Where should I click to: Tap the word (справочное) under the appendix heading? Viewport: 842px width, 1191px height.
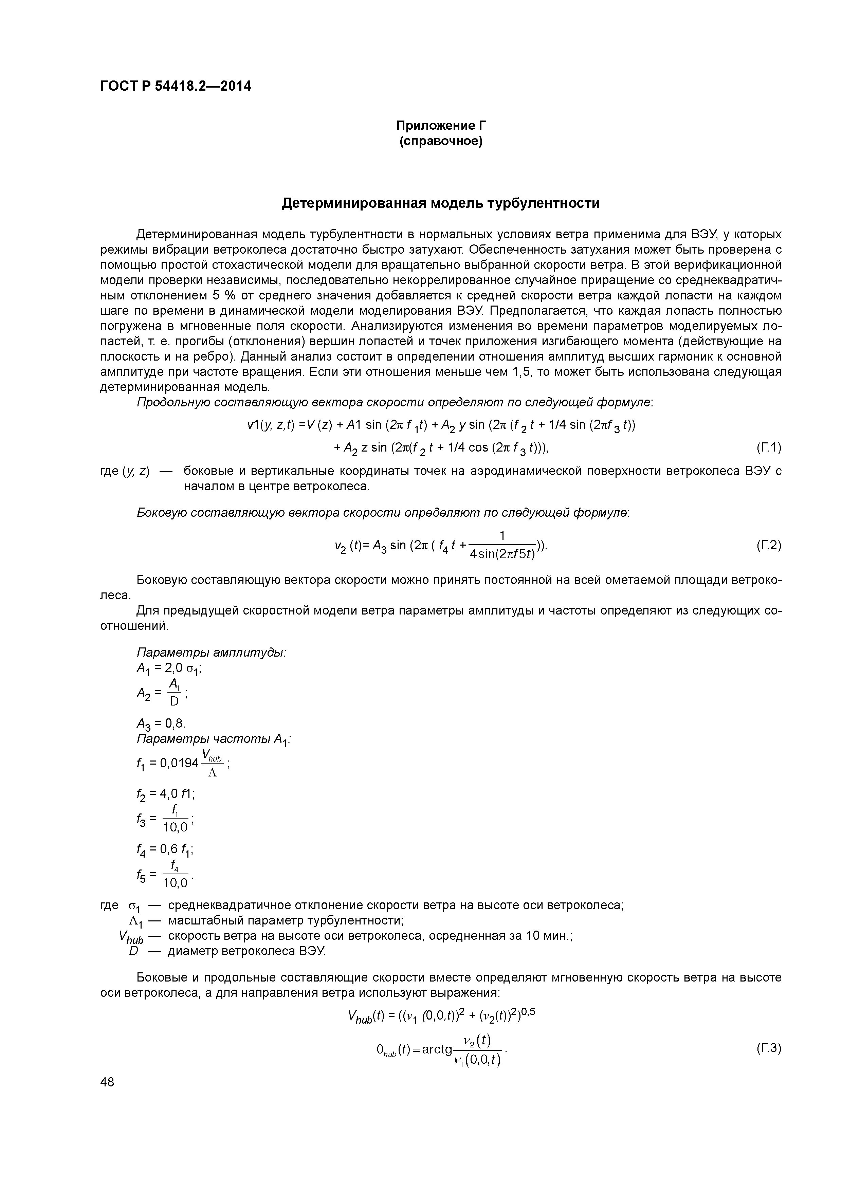click(x=441, y=141)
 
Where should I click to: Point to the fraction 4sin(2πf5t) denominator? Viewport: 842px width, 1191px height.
click(x=502, y=554)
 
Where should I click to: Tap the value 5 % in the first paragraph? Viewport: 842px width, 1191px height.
click(x=222, y=296)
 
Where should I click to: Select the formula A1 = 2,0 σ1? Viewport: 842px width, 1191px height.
click(x=169, y=668)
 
